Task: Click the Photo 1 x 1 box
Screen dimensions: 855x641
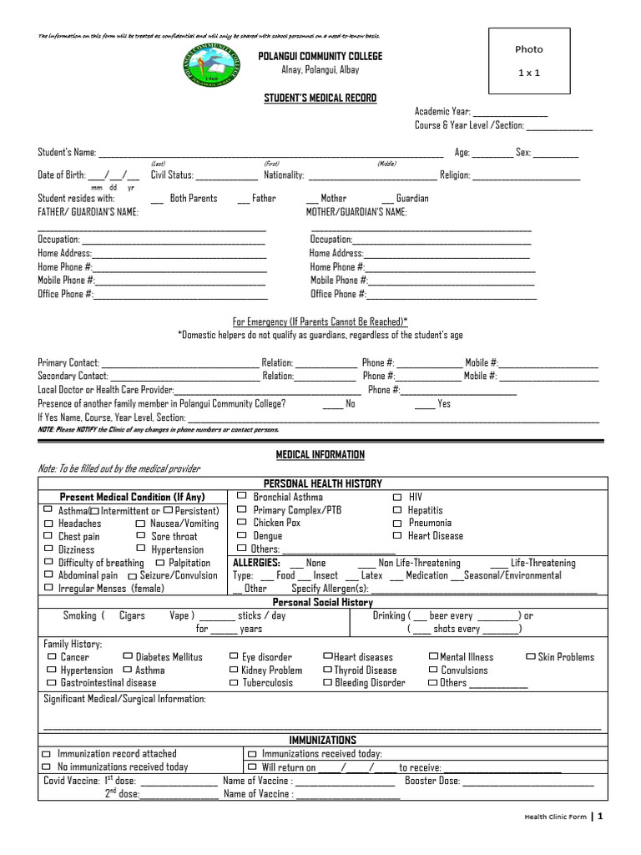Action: tap(528, 61)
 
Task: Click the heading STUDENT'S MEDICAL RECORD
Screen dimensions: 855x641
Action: tap(320, 98)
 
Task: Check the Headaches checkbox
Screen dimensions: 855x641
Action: tap(48, 523)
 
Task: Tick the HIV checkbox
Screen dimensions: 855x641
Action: tap(396, 497)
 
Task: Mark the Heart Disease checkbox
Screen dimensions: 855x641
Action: tap(396, 535)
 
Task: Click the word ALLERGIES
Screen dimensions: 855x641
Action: tap(255, 563)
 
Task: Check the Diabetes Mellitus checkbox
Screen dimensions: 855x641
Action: tap(127, 657)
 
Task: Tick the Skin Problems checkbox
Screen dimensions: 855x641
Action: tap(530, 657)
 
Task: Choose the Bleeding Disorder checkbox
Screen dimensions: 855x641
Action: tap(327, 682)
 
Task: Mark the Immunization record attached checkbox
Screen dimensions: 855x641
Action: tap(47, 754)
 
